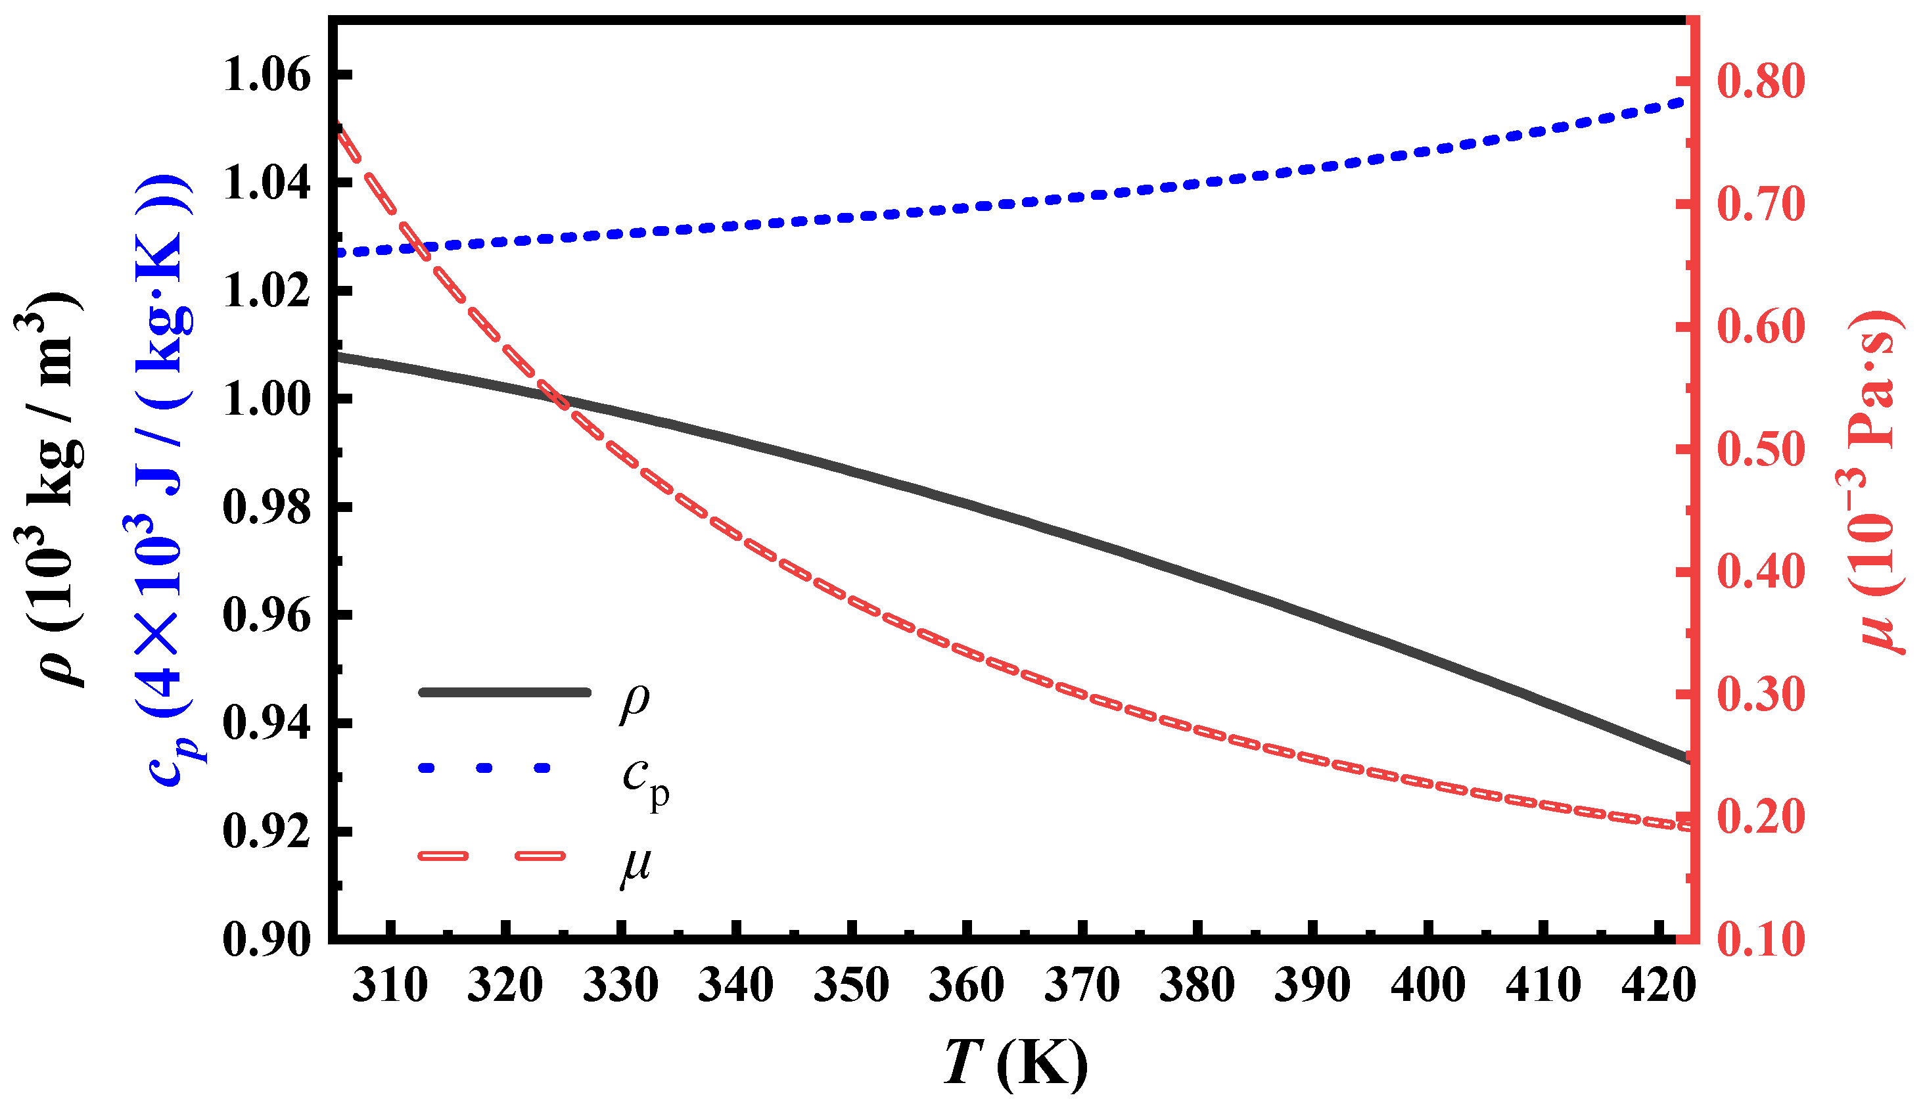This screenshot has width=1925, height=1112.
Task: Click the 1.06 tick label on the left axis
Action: pos(267,76)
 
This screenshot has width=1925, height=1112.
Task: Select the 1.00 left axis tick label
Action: pos(267,400)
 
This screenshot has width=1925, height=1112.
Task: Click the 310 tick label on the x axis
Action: pos(390,985)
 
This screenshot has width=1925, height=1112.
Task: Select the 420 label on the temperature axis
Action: pos(1659,985)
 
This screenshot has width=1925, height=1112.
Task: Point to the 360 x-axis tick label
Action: pos(966,985)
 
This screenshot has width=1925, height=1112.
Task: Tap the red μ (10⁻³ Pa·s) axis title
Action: pos(1874,481)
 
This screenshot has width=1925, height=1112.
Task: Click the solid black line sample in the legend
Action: pos(505,692)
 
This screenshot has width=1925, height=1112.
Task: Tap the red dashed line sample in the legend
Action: pos(492,856)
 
